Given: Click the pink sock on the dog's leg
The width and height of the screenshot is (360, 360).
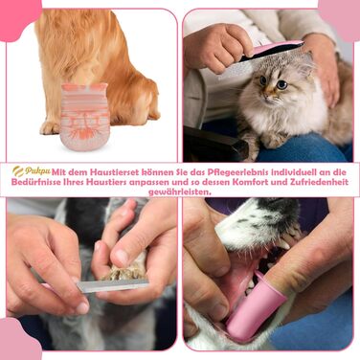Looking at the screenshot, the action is [84, 116].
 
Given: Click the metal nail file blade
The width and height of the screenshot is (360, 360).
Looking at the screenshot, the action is [112, 285].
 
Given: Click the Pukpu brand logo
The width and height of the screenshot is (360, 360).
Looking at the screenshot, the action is [32, 171].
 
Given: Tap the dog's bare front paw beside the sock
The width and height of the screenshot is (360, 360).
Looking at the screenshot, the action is [50, 127].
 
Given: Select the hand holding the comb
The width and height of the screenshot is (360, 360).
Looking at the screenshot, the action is [217, 47].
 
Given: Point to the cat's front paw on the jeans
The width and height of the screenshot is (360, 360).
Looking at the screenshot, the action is [274, 140].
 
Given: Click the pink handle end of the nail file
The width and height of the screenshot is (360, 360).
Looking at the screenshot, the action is [48, 286].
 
